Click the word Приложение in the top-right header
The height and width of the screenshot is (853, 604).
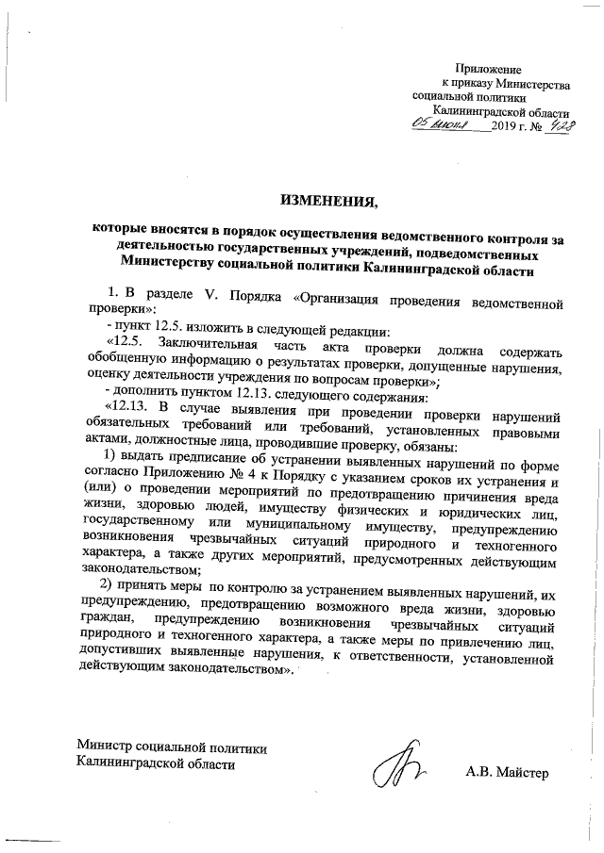[x=488, y=70]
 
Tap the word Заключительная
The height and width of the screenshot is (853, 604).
[x=204, y=340]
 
